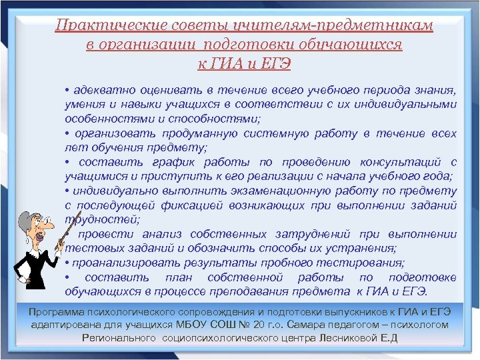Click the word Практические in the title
(x=95, y=25)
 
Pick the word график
(x=173, y=162)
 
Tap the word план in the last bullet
(x=176, y=277)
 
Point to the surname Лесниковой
(x=345, y=338)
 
